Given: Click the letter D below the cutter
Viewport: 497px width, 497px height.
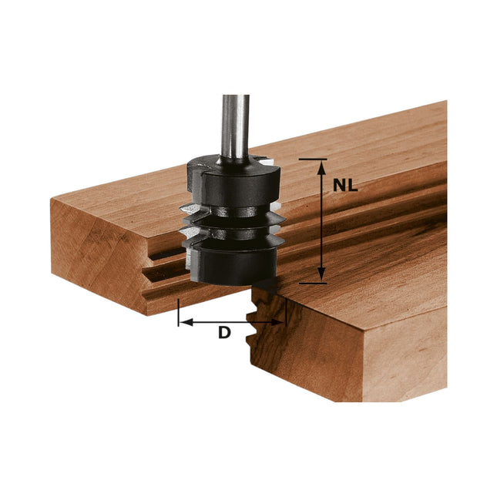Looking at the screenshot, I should [224, 333].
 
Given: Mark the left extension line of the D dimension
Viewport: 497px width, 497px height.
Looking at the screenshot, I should [179, 312].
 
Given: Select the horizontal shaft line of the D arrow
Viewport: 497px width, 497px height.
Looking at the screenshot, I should [231, 322].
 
